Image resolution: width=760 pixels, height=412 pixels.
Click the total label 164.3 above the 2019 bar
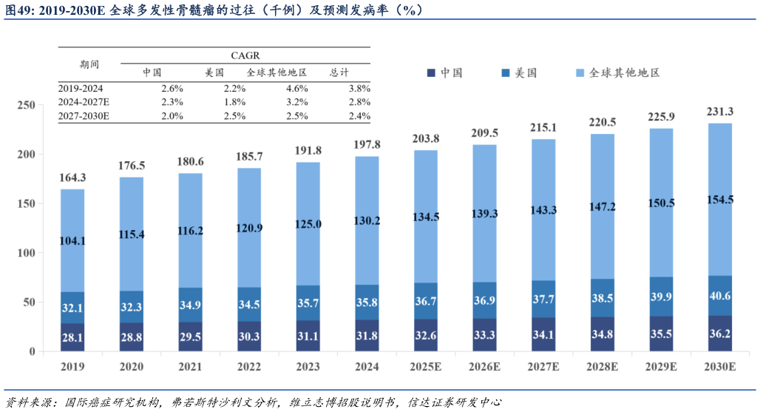(72, 178)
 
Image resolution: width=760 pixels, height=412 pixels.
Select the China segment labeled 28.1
(72, 337)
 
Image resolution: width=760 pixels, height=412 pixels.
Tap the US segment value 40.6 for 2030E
(720, 296)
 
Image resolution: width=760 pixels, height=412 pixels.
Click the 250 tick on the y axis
(27, 106)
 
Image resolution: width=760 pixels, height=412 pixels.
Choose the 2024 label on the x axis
(367, 366)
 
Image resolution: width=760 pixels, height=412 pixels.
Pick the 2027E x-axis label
(543, 366)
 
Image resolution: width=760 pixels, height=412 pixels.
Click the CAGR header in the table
(245, 55)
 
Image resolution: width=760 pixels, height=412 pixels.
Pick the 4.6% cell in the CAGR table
(296, 88)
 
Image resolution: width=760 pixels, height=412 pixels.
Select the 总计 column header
(339, 72)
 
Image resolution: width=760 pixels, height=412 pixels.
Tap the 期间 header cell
(89, 64)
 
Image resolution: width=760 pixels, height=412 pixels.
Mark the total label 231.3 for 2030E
(720, 112)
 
